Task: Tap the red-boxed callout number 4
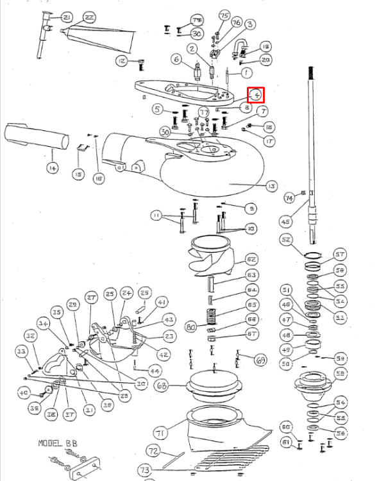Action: pos(257,94)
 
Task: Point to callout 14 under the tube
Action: pos(51,168)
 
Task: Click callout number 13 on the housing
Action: pos(271,186)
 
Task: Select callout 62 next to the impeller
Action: pos(251,260)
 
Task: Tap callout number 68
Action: pos(161,386)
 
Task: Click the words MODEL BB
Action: pos(57,443)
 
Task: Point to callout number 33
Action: pos(21,352)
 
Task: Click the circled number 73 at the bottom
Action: pos(146,471)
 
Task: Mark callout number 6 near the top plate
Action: pos(176,60)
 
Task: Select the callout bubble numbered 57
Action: pos(340,254)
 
